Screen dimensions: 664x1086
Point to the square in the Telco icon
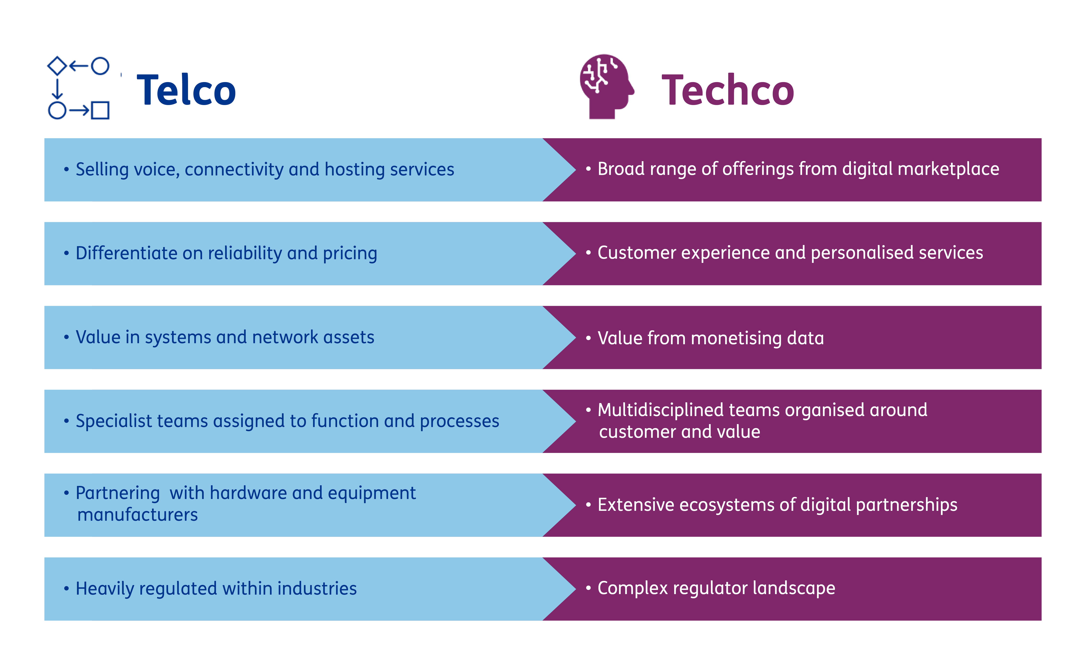point(100,110)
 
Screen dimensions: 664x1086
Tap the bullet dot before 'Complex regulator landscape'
point(588,588)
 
